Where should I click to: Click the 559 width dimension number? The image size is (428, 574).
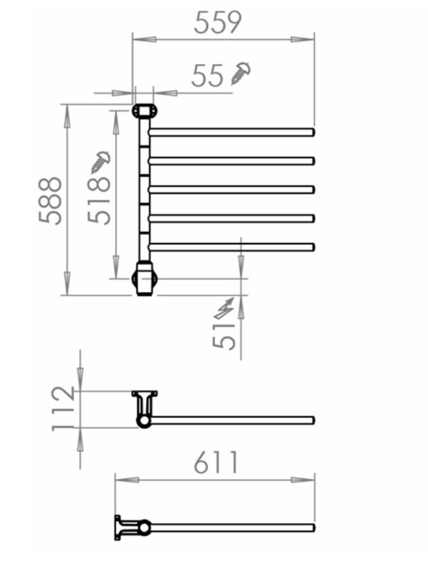217,23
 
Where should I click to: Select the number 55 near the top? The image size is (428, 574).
207,76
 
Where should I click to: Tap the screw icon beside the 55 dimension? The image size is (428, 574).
241,73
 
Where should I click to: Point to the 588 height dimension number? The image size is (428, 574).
50,200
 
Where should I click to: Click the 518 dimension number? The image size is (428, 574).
99,200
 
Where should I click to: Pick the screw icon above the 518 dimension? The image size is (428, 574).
100,162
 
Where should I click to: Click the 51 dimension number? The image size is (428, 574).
224,336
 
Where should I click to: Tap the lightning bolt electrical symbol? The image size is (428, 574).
224,308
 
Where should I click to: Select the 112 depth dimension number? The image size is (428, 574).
63,409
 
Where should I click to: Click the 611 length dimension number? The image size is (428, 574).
216,462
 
